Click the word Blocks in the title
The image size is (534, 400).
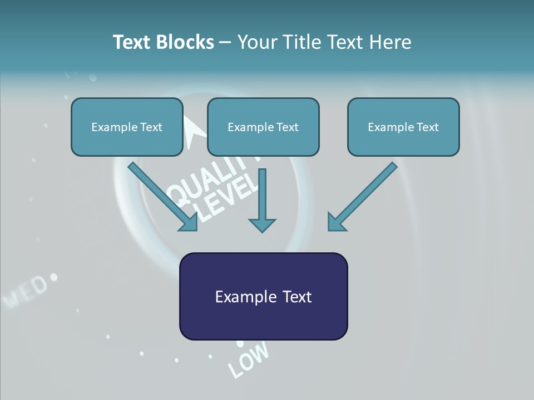185,42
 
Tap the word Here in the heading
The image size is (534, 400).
389,42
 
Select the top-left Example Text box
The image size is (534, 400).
127,127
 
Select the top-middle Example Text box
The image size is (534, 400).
263,127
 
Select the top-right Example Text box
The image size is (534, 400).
403,127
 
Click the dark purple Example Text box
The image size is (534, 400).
263,296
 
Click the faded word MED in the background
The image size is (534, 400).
28,288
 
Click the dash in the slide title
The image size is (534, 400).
225,42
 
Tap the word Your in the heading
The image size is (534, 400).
255,42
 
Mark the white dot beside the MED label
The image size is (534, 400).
53,277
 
